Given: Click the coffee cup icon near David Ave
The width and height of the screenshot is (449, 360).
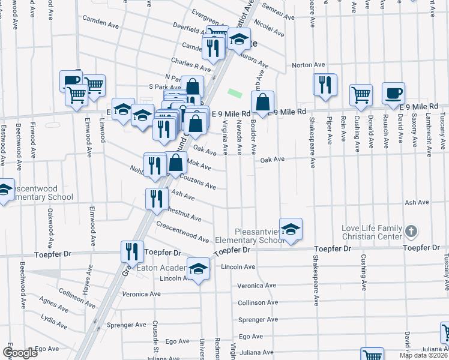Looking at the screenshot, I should click(x=393, y=93).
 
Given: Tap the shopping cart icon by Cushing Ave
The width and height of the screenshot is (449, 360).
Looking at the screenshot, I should click(x=361, y=94).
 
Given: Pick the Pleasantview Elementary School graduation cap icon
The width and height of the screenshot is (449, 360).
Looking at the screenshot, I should click(x=291, y=229).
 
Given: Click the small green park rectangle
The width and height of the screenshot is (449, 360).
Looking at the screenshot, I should click(x=235, y=93).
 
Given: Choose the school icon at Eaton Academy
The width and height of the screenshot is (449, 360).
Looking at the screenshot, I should click(x=198, y=268).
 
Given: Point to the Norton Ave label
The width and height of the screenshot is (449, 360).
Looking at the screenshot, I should click(x=308, y=65).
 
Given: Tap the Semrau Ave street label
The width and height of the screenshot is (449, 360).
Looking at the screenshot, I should click(x=277, y=13).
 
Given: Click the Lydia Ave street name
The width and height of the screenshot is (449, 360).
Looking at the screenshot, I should click(x=53, y=316).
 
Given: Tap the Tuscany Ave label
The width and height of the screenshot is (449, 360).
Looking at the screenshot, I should click(x=445, y=269).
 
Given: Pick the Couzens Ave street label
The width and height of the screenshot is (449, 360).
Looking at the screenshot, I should click(x=197, y=182).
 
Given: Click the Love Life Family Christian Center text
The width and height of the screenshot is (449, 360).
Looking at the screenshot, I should click(x=372, y=232).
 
